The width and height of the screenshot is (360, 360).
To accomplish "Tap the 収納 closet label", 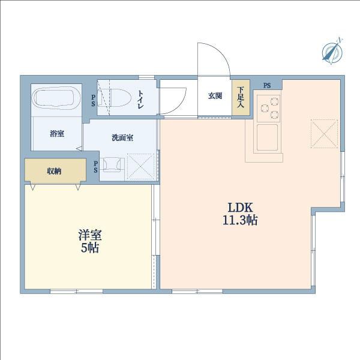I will click(54, 171).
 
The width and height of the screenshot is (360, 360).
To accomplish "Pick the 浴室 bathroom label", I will click(57, 134).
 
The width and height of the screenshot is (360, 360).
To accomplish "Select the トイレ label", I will click(139, 98).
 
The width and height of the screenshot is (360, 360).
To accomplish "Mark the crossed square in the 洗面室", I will click(142, 166).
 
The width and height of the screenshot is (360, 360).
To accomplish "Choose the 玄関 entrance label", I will click(215, 96).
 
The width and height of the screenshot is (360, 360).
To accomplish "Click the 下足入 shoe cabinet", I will click(241, 97).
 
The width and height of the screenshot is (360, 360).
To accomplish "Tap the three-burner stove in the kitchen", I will click(268, 107).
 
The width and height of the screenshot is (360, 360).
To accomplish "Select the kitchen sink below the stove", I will click(267, 137).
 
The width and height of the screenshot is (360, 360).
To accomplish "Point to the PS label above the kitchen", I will click(266, 85).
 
